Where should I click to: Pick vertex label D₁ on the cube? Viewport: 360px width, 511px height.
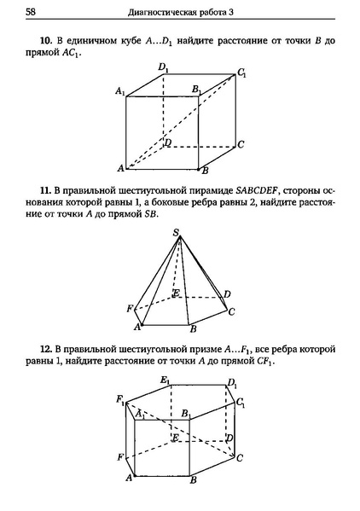tap(162, 67)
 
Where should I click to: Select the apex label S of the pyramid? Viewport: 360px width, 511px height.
tap(176, 233)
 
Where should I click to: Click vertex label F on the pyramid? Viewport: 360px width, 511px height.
tap(129, 307)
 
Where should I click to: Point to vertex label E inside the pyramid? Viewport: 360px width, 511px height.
tap(176, 294)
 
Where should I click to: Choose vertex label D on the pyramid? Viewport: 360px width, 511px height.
tap(226, 294)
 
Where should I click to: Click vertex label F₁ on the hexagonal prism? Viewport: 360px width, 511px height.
tap(122, 399)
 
